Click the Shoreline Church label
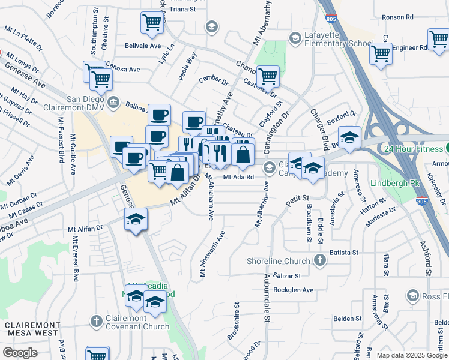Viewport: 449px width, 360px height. point(279,260)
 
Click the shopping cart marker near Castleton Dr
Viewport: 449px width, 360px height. point(268,77)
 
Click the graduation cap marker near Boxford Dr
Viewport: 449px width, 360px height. point(349,136)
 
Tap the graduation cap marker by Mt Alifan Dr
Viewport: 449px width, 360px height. point(136,220)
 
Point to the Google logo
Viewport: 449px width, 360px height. point(20,353)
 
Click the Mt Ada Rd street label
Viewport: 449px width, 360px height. point(239,177)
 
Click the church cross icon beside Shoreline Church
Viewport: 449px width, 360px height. point(320,260)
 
